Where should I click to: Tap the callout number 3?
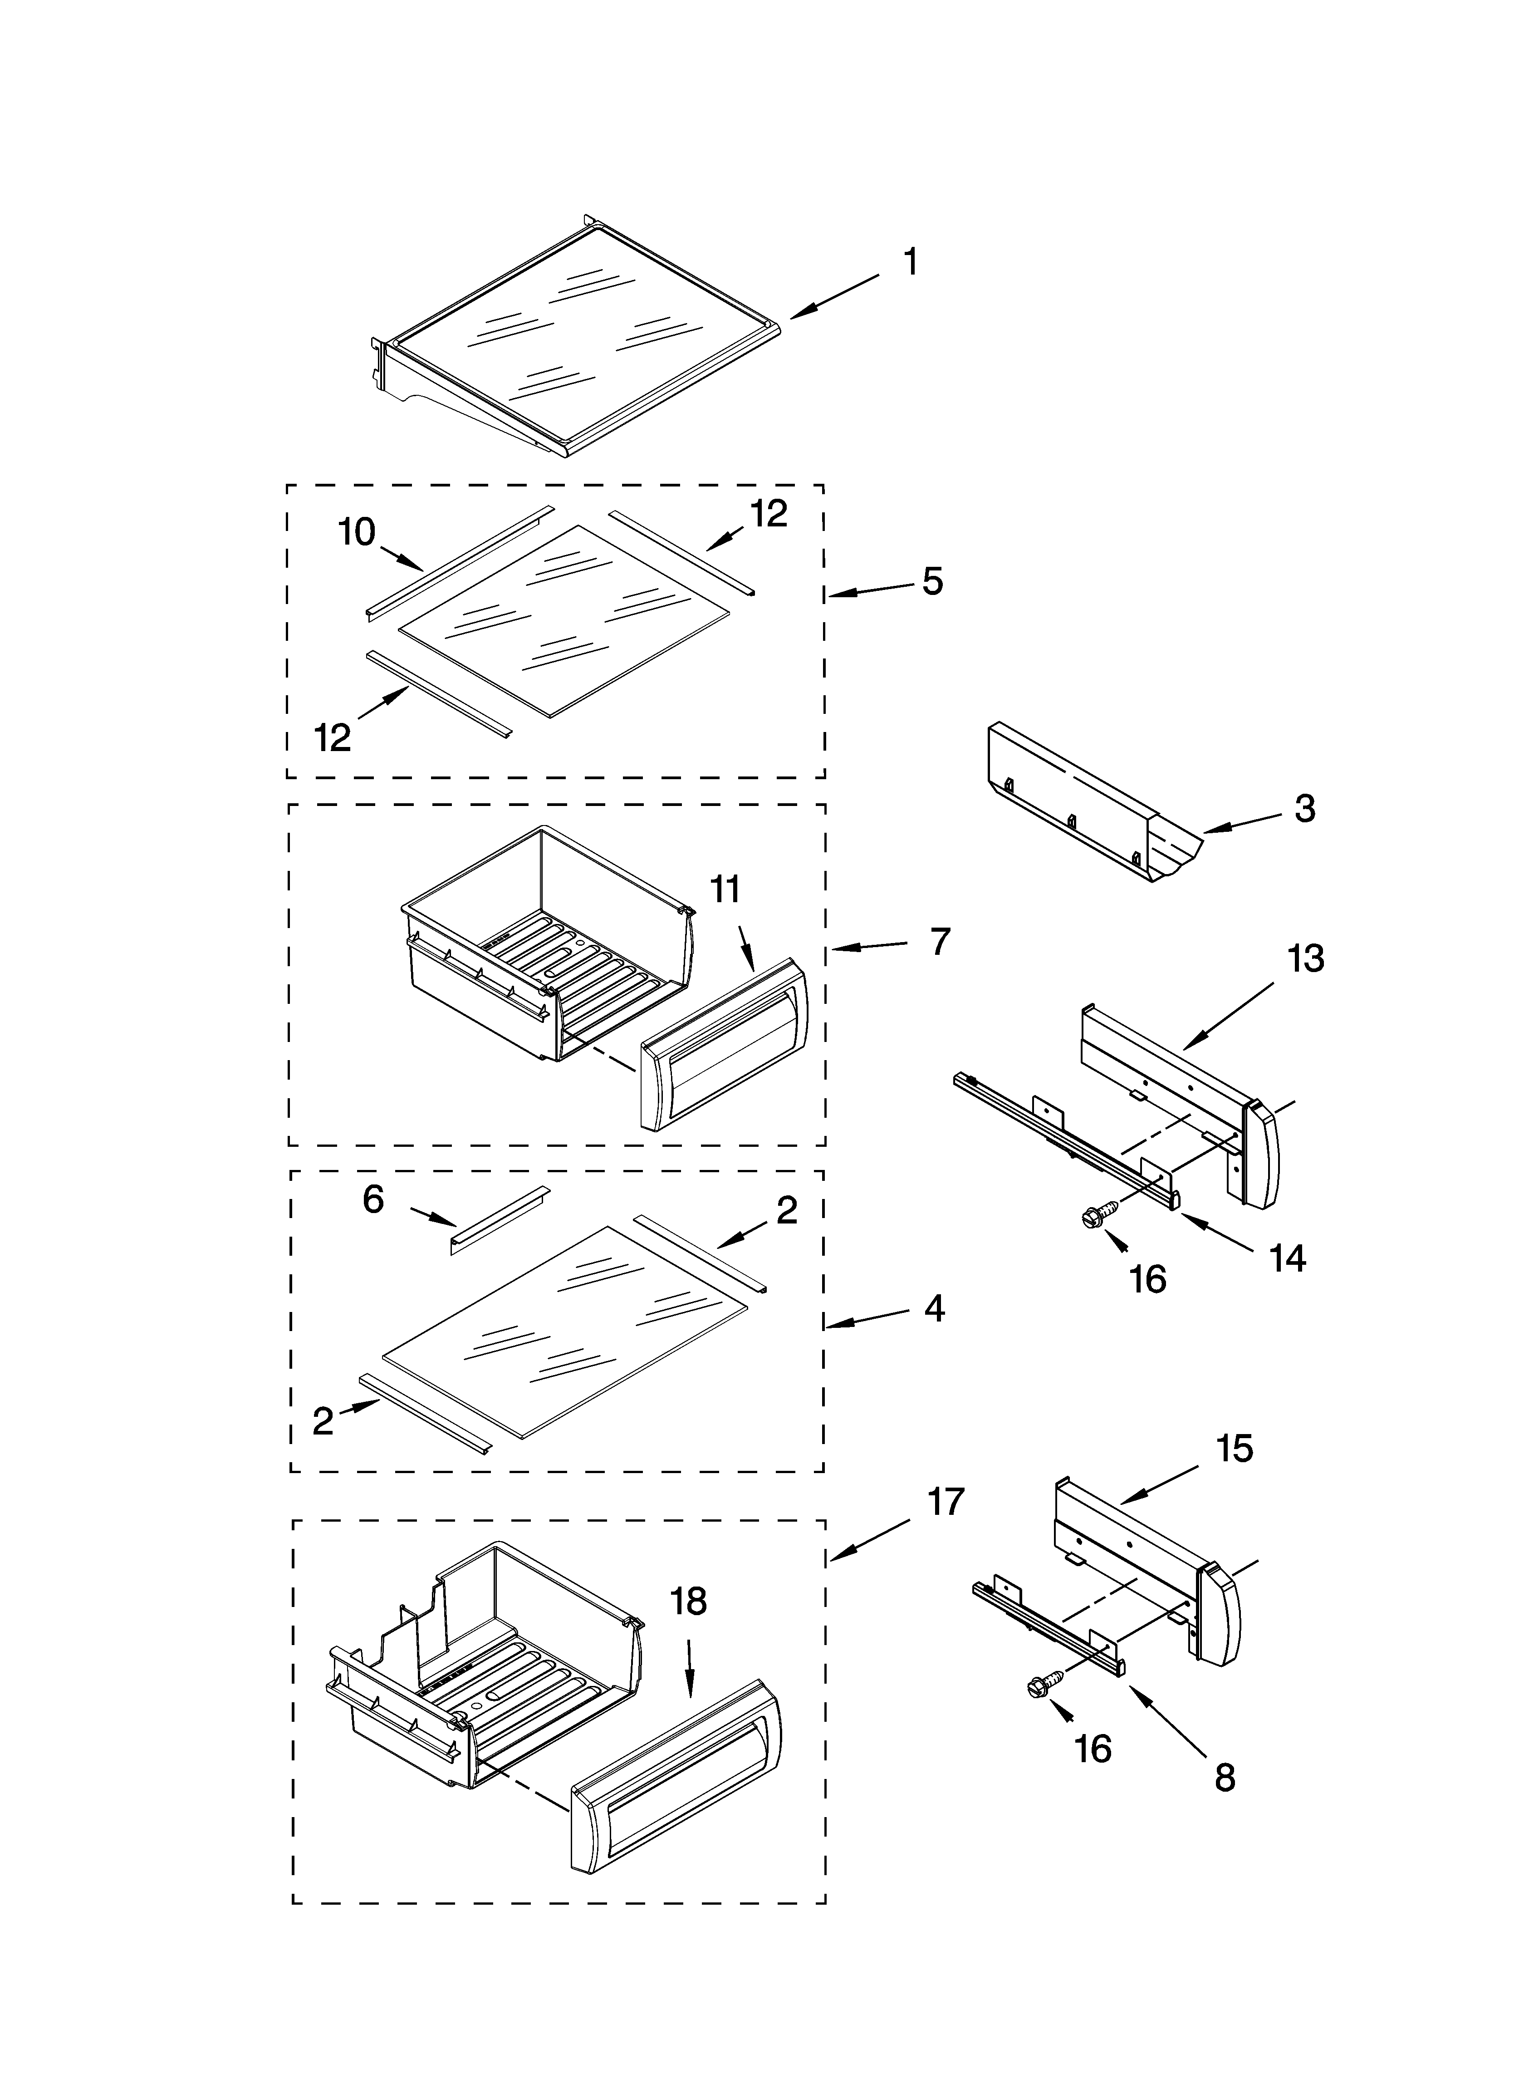pos(1304,809)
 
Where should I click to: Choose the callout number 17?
pos(946,1501)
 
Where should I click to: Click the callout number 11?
pos(725,890)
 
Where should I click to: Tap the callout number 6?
pos(373,1200)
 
